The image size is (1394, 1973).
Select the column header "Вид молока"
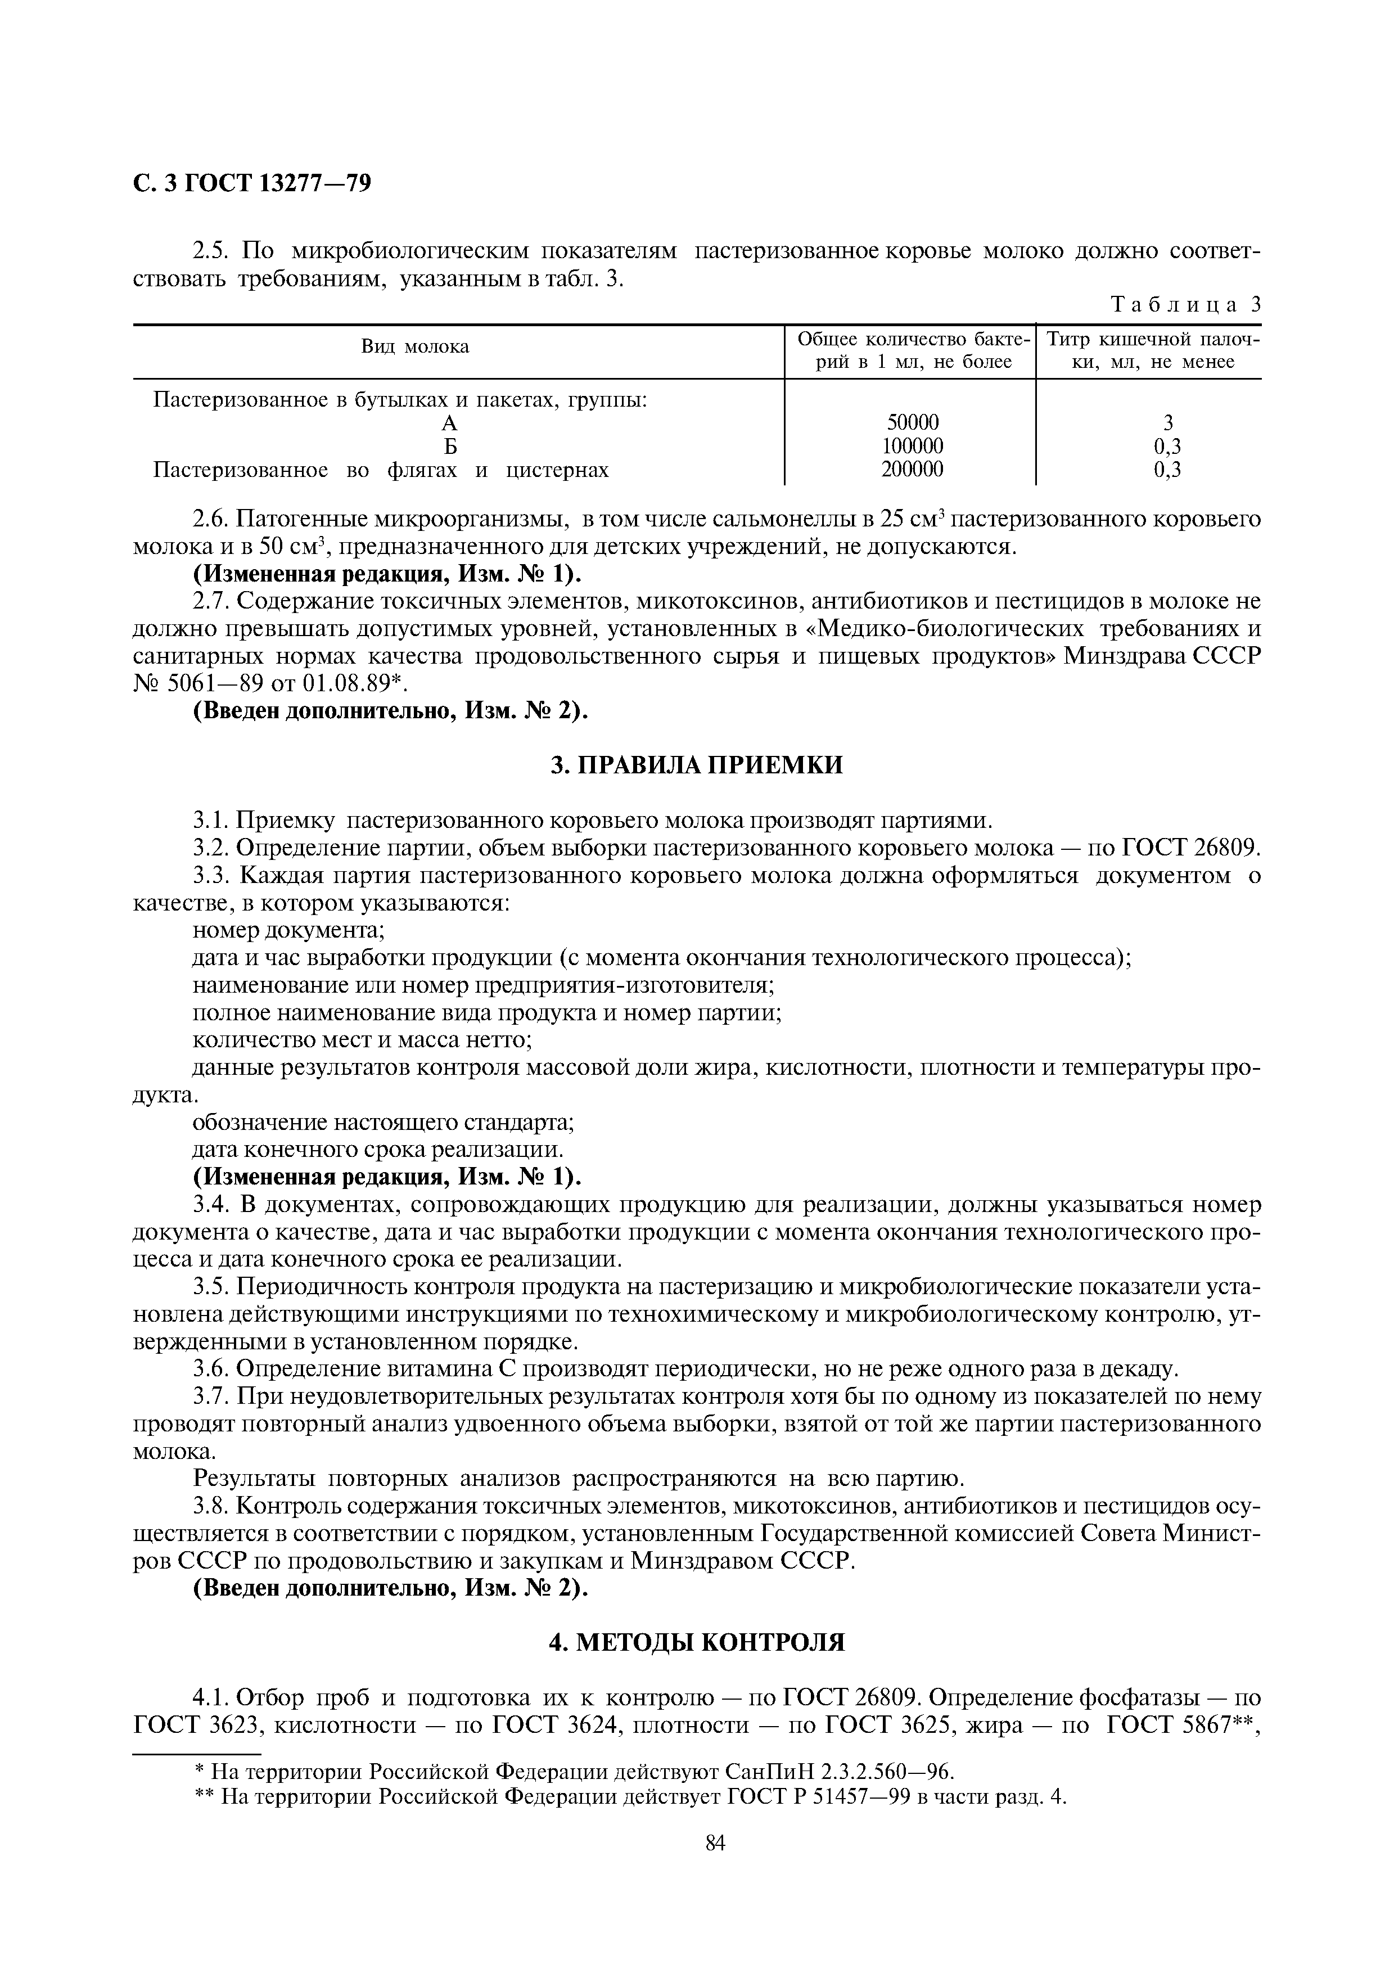tap(415, 347)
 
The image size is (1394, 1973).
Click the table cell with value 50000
tap(912, 422)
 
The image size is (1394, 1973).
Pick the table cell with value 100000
tap(912, 446)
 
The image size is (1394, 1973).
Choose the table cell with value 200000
tap(912, 469)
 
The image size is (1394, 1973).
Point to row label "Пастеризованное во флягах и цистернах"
tap(381, 470)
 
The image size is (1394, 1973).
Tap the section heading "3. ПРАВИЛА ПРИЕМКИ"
tap(697, 765)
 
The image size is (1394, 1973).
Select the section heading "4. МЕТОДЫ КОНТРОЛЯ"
tap(697, 1643)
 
